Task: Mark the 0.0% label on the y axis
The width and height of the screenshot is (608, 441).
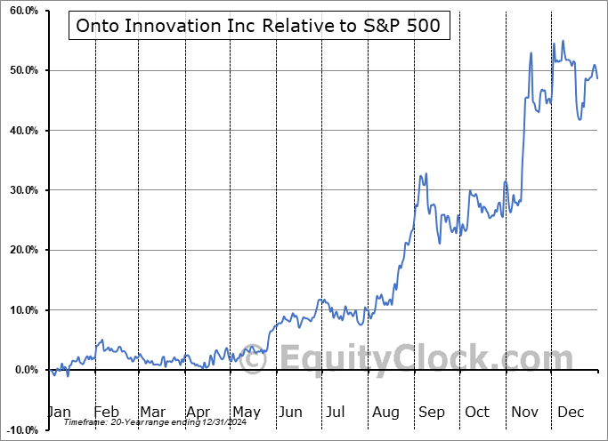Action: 24,370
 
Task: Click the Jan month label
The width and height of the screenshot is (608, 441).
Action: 59,412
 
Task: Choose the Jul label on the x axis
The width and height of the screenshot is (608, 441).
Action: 336,412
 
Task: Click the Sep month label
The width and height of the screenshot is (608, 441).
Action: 431,412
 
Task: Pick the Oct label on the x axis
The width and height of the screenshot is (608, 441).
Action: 477,412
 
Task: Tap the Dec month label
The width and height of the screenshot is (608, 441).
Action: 571,412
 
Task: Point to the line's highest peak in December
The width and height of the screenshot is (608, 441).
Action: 563,40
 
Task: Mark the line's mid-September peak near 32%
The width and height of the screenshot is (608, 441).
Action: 426,174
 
